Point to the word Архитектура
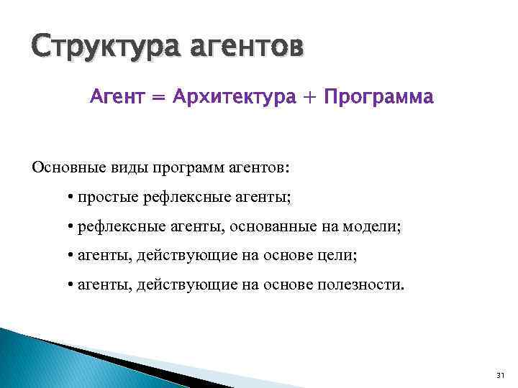pyautogui.click(x=234, y=98)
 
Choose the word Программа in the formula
pyautogui.click(x=379, y=98)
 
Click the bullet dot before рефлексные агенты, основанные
pyautogui.click(x=71, y=227)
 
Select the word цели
pyautogui.click(x=339, y=256)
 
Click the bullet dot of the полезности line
pyautogui.click(x=71, y=285)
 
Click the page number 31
pyautogui.click(x=501, y=375)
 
